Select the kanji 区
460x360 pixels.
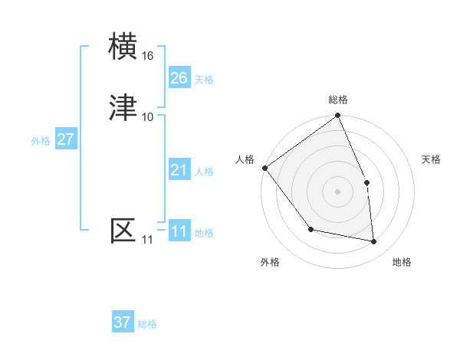(x=124, y=230)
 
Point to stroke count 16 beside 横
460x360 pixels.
(x=148, y=56)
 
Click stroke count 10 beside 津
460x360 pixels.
(x=148, y=116)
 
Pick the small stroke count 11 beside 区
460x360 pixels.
(x=147, y=240)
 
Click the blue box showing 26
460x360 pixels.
(x=179, y=78)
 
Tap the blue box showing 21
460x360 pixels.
(x=179, y=170)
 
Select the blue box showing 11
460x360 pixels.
(x=179, y=231)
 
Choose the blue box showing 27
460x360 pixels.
(x=65, y=139)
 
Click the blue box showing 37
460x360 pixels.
(x=123, y=322)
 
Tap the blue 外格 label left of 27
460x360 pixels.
(x=41, y=141)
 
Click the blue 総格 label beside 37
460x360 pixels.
(x=147, y=324)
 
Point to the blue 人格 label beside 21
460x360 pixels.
(x=204, y=172)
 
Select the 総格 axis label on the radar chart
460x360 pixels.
(x=338, y=100)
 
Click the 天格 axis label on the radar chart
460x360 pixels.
(x=432, y=159)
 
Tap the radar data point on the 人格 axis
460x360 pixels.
(x=264, y=168)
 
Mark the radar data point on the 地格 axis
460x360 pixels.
(x=373, y=241)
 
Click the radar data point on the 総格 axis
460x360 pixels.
(x=338, y=116)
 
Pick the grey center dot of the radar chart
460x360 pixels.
(x=337, y=191)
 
